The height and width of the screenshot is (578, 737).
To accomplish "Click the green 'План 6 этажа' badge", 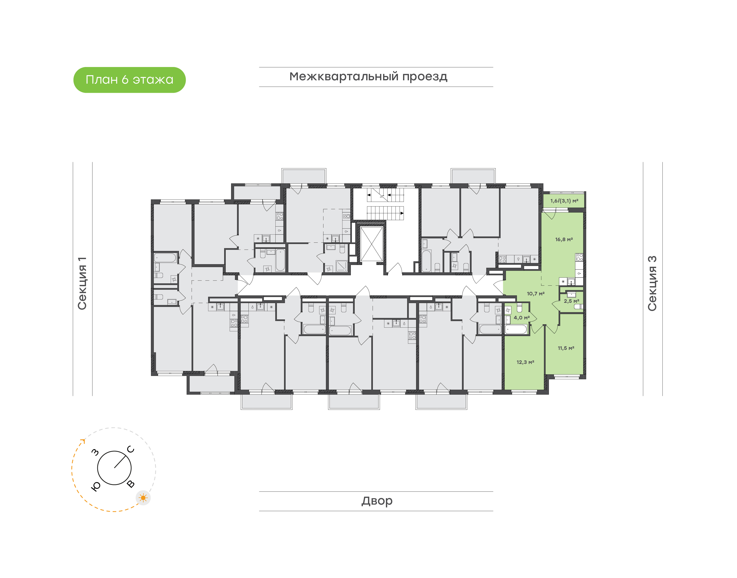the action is pos(129,80).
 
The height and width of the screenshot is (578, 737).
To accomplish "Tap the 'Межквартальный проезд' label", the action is pos(368,77).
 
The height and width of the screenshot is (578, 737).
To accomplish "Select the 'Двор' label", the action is pos(377,501).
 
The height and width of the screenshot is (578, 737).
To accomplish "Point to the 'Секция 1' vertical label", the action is pos(82,283).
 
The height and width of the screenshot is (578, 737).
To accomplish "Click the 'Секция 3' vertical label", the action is pos(652,283).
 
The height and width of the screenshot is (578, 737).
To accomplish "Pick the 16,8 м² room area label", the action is pos(564,239).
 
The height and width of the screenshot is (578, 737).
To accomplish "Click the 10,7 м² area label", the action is pos(536,293).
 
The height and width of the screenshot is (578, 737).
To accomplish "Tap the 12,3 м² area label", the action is pos(525,362).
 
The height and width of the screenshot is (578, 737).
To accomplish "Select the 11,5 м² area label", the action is pos(566,348).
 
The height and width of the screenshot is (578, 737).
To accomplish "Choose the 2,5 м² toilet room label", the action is pos(571,301).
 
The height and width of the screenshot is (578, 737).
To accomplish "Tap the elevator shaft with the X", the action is pos(371,244).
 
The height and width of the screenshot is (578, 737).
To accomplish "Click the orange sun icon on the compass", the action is pos(143,498).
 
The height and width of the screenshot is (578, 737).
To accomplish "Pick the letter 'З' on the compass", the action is pos(95,452).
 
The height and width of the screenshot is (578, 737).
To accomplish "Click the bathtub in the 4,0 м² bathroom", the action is pos(516,329).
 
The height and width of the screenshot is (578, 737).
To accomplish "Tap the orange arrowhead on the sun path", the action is pos(83,441).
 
